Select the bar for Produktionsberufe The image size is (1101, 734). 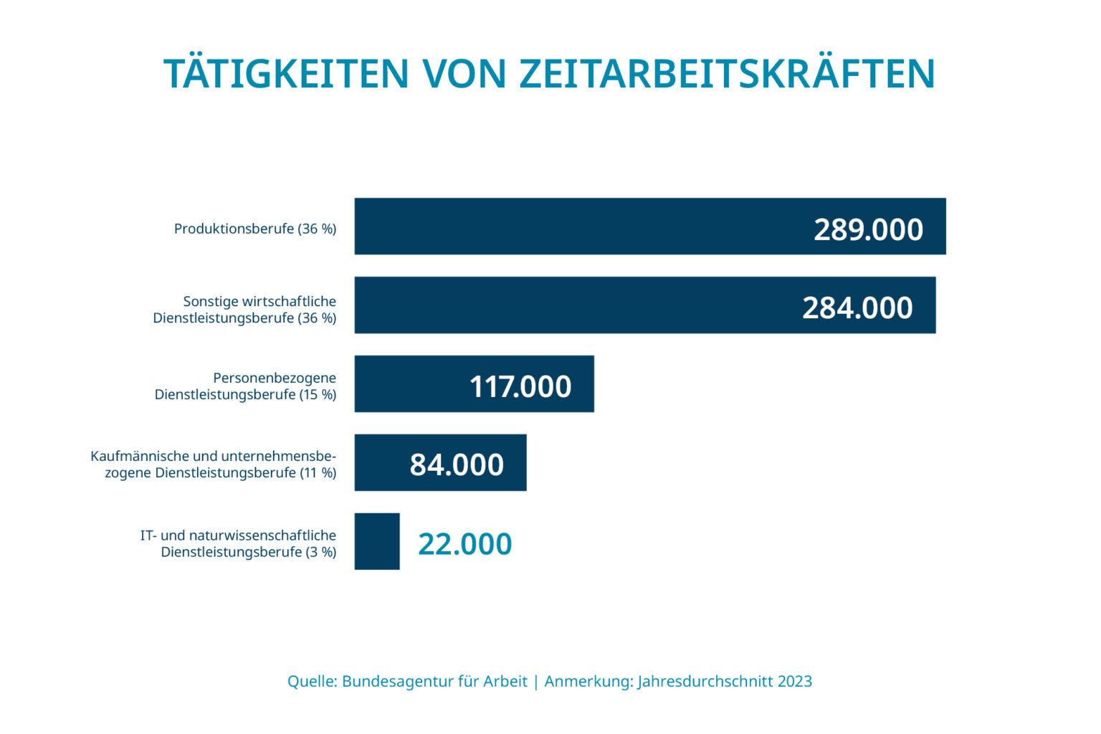click(573, 227)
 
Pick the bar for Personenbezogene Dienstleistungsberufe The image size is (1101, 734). click(409, 384)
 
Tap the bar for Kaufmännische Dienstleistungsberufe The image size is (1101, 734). click(380, 463)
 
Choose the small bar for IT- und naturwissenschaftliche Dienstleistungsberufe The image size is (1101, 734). click(377, 542)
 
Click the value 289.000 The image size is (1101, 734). click(868, 229)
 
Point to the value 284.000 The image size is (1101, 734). click(857, 308)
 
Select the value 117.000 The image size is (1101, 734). click(520, 387)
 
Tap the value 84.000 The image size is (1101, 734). click(457, 465)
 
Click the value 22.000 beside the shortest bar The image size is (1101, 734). click(464, 544)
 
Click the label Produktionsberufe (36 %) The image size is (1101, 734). click(255, 229)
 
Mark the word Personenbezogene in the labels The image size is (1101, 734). click(275, 378)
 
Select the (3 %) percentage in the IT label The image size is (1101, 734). click(320, 552)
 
